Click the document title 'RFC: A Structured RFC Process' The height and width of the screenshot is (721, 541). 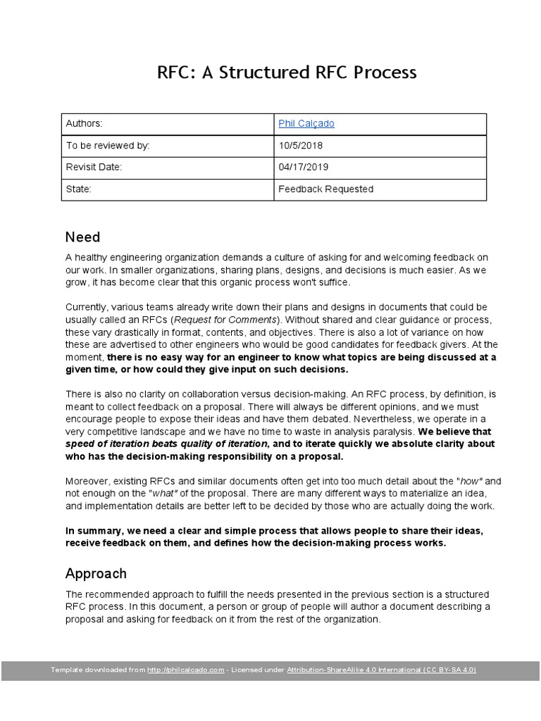click(286, 73)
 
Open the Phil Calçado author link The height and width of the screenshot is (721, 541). click(306, 123)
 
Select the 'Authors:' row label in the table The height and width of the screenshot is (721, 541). click(84, 123)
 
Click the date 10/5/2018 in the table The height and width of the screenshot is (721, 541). click(301, 145)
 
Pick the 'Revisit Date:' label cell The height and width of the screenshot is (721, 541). click(94, 167)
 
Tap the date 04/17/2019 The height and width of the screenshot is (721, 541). click(304, 167)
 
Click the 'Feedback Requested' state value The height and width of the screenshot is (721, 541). click(325, 189)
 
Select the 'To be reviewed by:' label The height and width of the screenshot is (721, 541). click(108, 145)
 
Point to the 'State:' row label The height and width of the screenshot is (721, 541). click(79, 189)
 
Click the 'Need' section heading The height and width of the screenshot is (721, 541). click(82, 237)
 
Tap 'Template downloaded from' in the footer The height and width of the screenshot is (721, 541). click(98, 670)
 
